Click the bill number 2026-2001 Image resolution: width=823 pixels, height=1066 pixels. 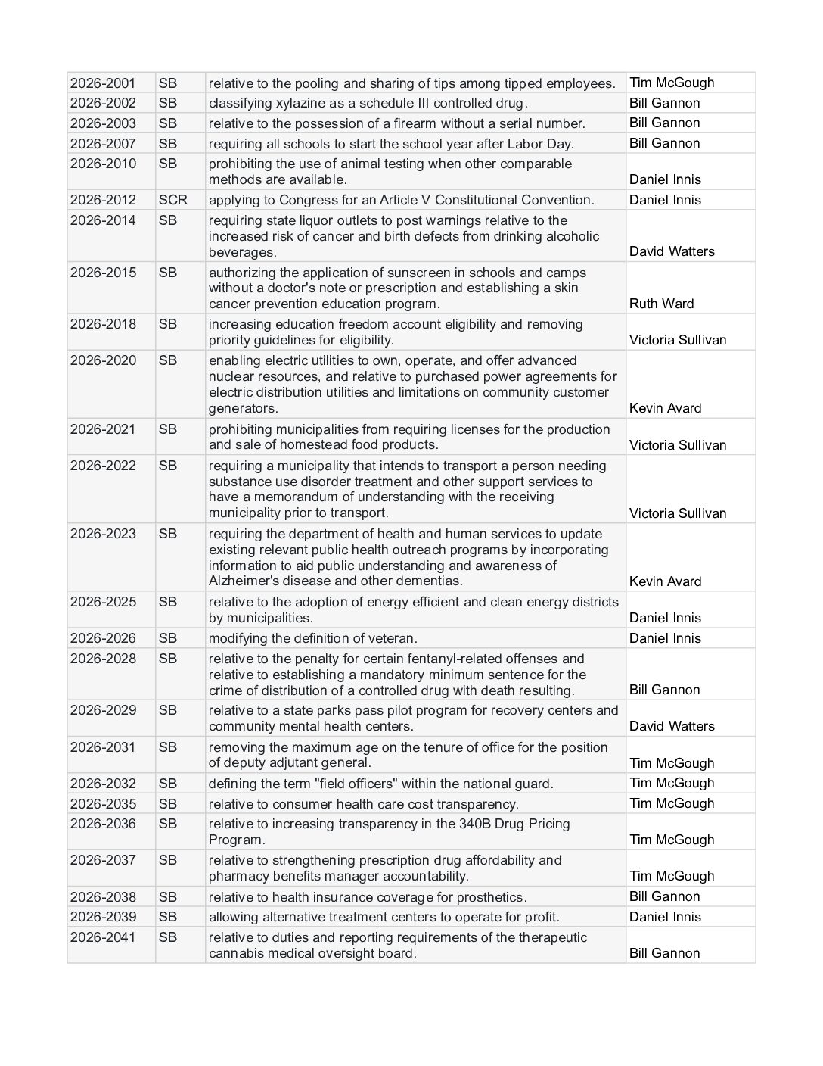click(x=103, y=83)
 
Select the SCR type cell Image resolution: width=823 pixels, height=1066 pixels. click(x=172, y=200)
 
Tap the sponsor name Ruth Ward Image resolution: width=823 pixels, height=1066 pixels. click(x=661, y=304)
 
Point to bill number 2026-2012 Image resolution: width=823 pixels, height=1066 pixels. click(x=103, y=200)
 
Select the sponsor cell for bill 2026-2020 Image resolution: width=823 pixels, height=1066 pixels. click(x=665, y=408)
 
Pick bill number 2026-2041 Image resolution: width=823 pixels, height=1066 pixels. click(x=103, y=937)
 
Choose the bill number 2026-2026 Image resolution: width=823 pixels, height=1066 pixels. click(x=103, y=638)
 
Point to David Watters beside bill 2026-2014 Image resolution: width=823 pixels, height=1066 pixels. click(x=671, y=251)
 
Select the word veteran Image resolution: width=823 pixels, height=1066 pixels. click(x=390, y=638)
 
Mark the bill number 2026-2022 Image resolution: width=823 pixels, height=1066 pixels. click(x=103, y=466)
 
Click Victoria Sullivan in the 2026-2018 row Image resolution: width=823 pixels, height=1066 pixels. click(x=677, y=340)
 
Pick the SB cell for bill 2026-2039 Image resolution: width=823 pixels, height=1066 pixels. click(x=168, y=917)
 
